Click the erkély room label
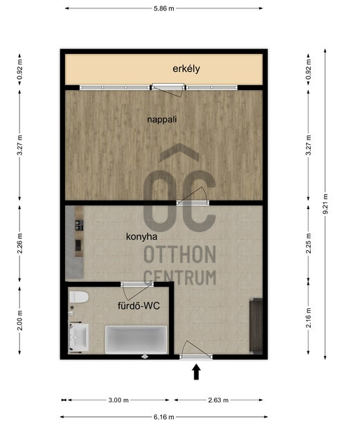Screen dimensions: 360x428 186,69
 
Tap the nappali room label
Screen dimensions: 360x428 162,120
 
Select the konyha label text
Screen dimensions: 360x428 141,236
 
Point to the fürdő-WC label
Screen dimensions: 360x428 138,305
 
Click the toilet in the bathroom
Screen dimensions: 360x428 79,297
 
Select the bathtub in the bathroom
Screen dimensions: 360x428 136,339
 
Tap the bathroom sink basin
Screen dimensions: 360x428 79,337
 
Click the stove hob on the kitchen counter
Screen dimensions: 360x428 80,225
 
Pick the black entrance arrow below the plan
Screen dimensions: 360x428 196,373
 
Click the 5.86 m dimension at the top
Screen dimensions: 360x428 164,8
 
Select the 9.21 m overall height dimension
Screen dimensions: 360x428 325,204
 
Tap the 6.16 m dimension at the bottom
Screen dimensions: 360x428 164,417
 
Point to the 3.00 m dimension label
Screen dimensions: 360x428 118,400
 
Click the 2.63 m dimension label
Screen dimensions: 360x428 218,400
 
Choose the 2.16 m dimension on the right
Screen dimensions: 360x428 308,318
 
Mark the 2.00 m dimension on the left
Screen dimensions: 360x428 19,321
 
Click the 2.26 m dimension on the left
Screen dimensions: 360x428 19,244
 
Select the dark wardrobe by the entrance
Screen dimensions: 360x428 256,326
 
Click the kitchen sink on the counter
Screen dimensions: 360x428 78,245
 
